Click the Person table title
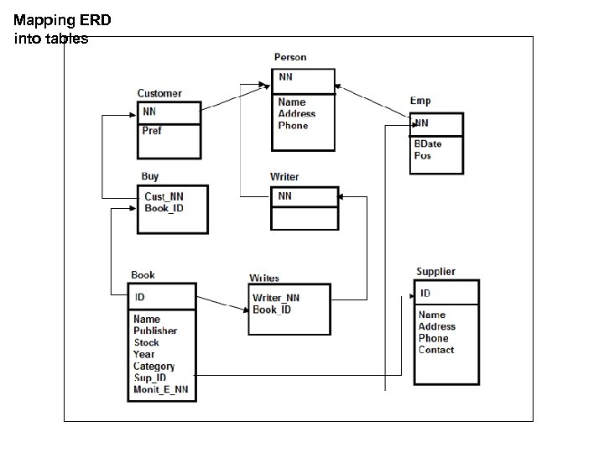(290, 57)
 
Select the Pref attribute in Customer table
(152, 131)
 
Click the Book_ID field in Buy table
(164, 207)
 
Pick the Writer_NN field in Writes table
(276, 298)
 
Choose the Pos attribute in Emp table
(422, 156)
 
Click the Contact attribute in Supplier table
(436, 350)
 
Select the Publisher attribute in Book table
(155, 331)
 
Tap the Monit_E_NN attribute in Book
(161, 389)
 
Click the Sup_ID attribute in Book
(150, 377)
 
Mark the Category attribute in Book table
(154, 366)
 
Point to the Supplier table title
(435, 272)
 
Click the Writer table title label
(284, 177)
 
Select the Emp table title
(420, 101)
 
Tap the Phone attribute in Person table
(293, 126)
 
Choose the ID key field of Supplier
(425, 294)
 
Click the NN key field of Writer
(285, 195)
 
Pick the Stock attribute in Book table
(146, 342)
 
